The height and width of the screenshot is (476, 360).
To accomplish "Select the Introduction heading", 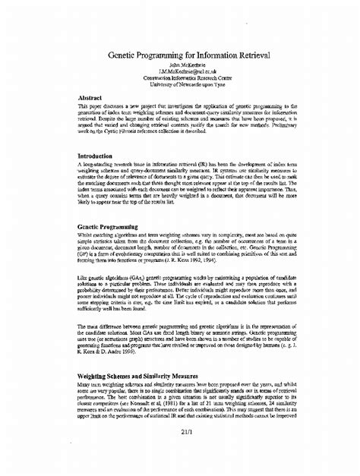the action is [99, 156].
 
